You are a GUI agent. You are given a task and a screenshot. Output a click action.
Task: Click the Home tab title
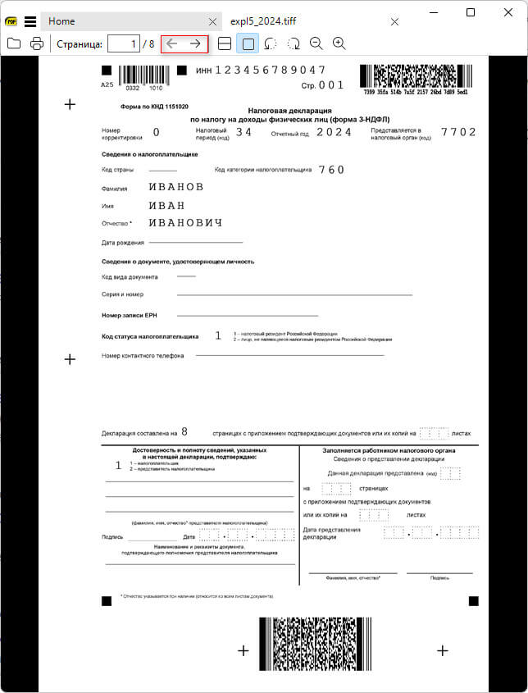61,21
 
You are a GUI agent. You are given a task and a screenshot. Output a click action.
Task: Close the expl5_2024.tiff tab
394,21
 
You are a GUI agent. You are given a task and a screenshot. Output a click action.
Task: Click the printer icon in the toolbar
36,43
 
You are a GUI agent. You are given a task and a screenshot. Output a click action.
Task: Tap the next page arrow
195,43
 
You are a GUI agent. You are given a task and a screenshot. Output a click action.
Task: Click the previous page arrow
172,43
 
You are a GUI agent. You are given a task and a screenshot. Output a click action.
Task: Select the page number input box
123,43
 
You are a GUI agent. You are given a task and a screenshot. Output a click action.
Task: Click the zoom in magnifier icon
339,43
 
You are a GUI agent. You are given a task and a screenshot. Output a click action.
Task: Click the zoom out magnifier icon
316,43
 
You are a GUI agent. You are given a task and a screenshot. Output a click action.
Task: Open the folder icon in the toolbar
14,43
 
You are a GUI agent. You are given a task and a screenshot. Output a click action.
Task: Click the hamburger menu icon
30,21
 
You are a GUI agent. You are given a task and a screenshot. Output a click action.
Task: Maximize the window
471,12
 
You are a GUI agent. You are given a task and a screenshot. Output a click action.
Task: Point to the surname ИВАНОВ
175,187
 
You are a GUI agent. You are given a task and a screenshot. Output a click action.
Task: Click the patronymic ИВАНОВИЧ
185,223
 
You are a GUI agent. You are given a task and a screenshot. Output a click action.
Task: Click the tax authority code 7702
458,132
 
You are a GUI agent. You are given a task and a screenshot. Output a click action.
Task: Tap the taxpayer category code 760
331,170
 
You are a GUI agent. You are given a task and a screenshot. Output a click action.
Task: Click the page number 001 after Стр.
331,85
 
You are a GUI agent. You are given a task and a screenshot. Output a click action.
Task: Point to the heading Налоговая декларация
289,110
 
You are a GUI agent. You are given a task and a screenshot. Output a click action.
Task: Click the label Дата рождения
123,243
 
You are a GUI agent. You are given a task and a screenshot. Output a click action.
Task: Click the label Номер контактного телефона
143,356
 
